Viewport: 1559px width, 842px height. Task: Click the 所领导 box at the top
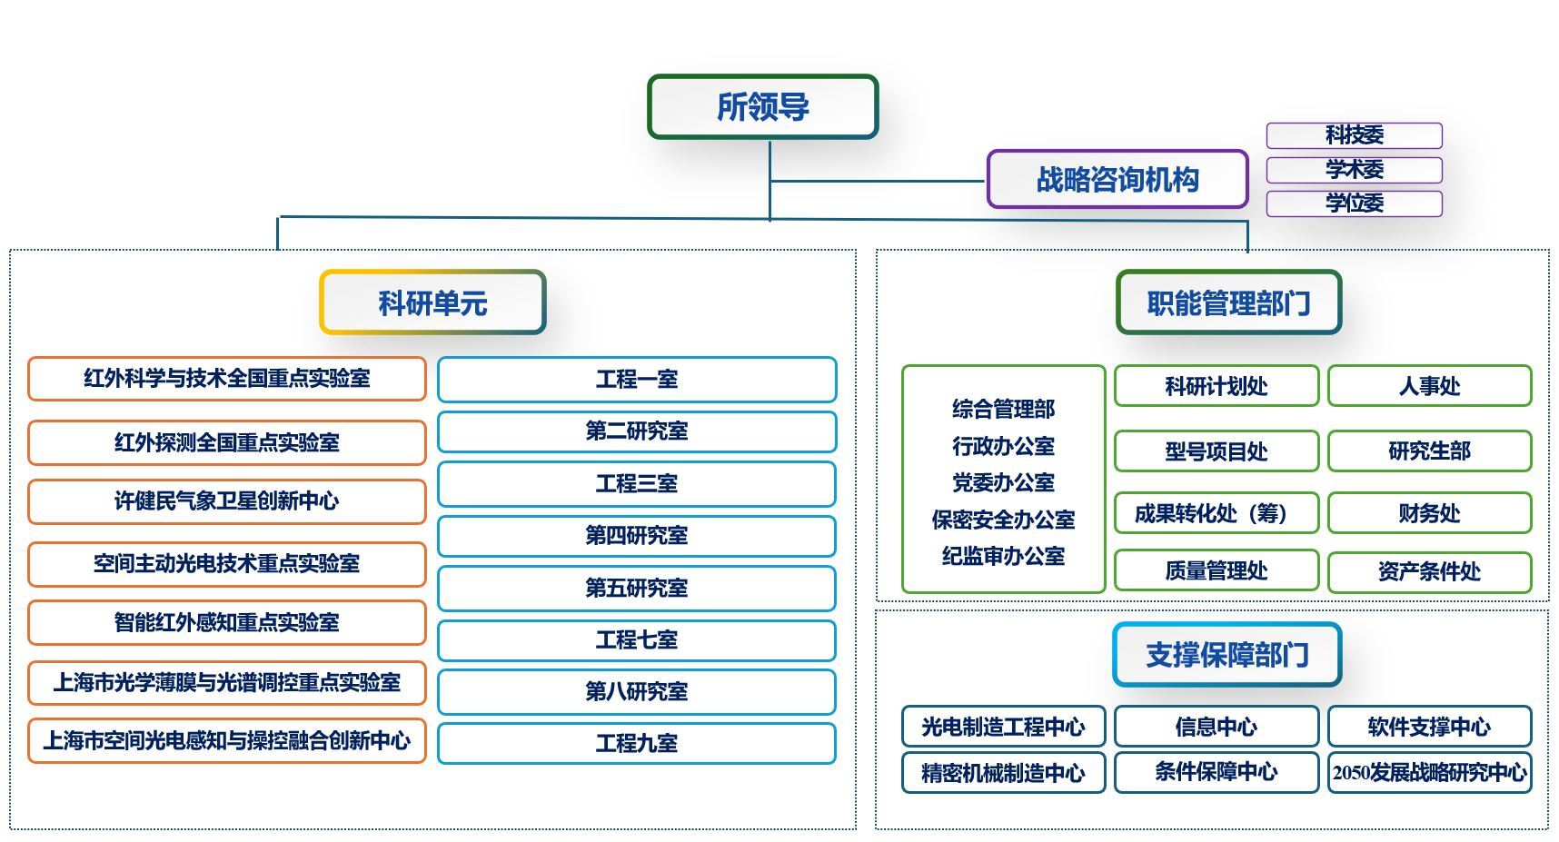pyautogui.click(x=762, y=106)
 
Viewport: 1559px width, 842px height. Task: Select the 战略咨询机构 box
pyautogui.click(x=1117, y=179)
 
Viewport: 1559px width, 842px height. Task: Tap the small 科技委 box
pyautogui.click(x=1354, y=135)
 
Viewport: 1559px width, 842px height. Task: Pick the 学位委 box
pyautogui.click(x=1354, y=203)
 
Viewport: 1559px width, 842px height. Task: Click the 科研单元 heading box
pyautogui.click(x=432, y=302)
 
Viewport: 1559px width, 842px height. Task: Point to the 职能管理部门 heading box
pyautogui.click(x=1228, y=302)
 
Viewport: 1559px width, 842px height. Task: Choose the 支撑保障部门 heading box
pyautogui.click(x=1226, y=654)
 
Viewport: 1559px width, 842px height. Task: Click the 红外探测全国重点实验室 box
pyautogui.click(x=226, y=442)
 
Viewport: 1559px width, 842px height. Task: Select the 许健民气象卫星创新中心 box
pyautogui.click(x=226, y=501)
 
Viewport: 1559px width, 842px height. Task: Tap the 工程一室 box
pyautogui.click(x=636, y=380)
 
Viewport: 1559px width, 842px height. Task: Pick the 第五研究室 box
pyautogui.click(x=636, y=588)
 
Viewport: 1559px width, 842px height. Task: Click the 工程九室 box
pyautogui.click(x=636, y=743)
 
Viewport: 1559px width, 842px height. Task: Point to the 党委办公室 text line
pyautogui.click(x=1003, y=482)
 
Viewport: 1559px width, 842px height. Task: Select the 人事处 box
pyautogui.click(x=1429, y=386)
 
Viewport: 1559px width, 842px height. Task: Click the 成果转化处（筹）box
pyautogui.click(x=1216, y=513)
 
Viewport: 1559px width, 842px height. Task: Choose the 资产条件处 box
pyautogui.click(x=1429, y=571)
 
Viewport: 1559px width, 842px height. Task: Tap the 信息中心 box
pyautogui.click(x=1216, y=727)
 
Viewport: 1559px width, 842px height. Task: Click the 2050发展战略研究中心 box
pyautogui.click(x=1429, y=772)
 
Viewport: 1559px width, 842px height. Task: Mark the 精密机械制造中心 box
pyautogui.click(x=1003, y=773)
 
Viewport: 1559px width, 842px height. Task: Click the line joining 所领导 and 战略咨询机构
pyautogui.click(x=877, y=181)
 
